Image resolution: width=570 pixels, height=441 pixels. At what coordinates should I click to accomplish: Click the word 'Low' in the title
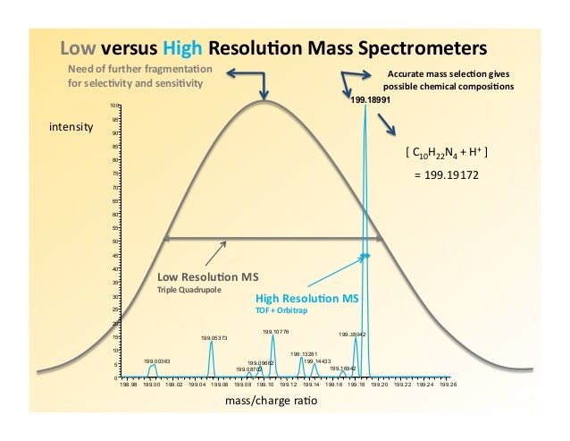pos(77,47)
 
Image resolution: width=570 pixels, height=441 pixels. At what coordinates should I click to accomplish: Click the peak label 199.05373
pos(214,338)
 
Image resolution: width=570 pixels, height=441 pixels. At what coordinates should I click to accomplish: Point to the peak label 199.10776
pos(274,331)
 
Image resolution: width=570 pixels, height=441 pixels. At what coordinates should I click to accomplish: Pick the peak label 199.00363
pos(157,360)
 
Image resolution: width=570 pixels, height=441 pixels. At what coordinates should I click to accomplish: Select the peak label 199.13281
pos(304,354)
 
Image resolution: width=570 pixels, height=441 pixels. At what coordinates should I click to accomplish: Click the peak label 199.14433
pos(316,360)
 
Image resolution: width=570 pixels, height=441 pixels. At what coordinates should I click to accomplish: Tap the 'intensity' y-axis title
pos(71,128)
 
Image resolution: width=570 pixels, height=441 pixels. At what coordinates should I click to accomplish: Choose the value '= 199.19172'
pos(447,175)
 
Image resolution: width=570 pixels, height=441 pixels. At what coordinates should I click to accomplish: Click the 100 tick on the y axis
pos(113,106)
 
